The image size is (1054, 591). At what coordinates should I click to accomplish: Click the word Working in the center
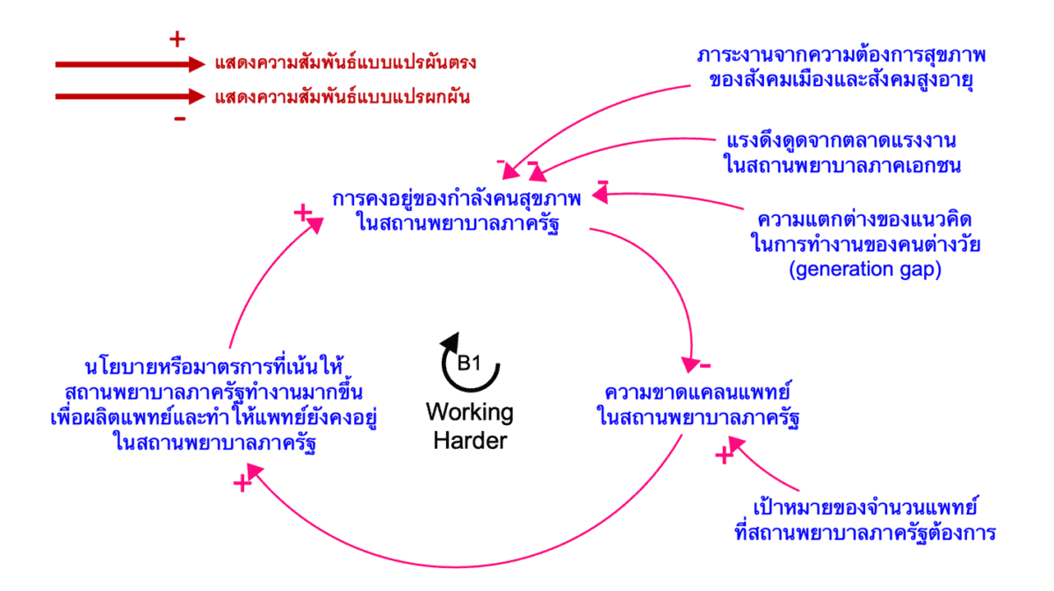click(470, 412)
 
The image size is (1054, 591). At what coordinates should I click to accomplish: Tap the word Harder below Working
click(470, 440)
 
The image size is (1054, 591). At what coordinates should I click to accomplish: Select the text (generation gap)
click(865, 270)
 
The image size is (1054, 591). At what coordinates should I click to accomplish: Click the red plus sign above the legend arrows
click(177, 39)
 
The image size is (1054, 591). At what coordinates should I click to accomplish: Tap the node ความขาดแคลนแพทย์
click(699, 390)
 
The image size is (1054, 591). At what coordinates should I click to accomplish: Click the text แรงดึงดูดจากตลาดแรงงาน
click(841, 141)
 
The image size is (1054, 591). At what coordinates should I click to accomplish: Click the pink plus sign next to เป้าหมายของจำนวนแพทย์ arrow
click(724, 455)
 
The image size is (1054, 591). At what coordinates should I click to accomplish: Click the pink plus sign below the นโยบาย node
click(242, 482)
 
